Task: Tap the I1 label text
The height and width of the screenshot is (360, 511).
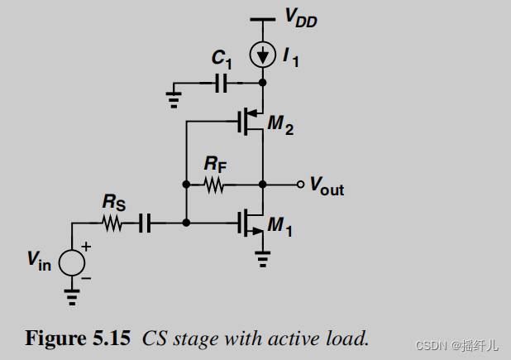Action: [x=290, y=57]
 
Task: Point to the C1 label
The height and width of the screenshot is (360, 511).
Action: [x=220, y=58]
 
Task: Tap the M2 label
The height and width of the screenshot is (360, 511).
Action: [x=281, y=127]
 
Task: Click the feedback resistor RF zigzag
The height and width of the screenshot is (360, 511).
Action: [x=214, y=184]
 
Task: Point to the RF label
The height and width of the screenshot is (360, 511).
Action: [x=216, y=164]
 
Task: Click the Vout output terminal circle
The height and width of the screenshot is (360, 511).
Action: [x=301, y=184]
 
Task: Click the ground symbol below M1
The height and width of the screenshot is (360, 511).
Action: [x=262, y=261]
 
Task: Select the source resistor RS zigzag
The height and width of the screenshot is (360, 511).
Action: [x=112, y=223]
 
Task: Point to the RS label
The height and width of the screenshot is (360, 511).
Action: [x=115, y=202]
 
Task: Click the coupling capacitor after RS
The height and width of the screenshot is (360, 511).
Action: [x=145, y=223]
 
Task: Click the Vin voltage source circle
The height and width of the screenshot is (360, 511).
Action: [x=72, y=261]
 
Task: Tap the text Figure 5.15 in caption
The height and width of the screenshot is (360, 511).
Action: [x=78, y=338]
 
